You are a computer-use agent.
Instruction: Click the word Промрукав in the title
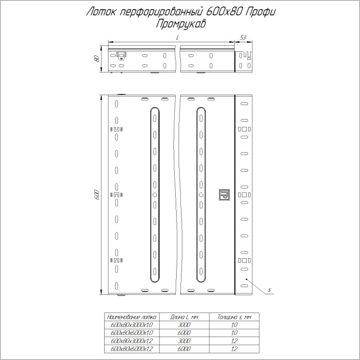(180, 24)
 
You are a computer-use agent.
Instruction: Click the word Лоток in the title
(101, 12)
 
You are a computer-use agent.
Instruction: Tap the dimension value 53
(243, 37)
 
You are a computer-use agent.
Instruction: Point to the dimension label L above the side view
(177, 38)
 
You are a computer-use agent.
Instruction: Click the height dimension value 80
(96, 58)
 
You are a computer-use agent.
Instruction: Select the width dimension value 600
(96, 195)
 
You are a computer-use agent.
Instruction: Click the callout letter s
(270, 290)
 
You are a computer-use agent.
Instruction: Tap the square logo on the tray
(224, 195)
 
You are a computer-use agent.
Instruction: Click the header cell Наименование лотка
(132, 317)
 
